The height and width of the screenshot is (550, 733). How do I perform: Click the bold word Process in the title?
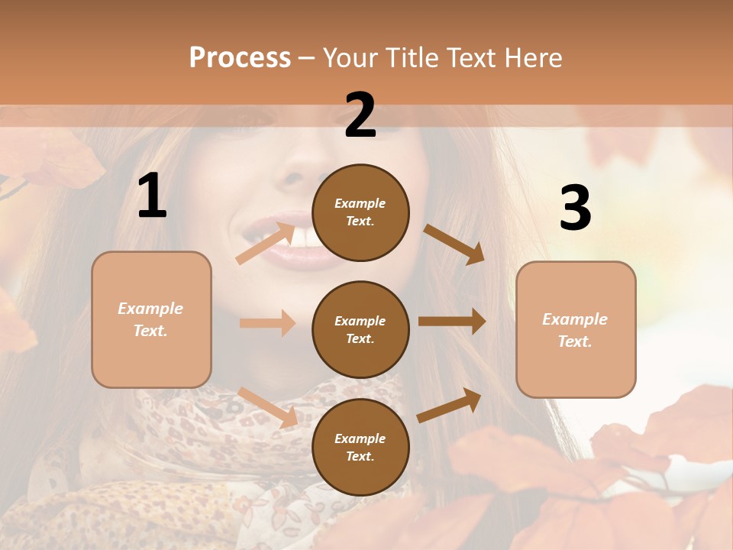[240, 57]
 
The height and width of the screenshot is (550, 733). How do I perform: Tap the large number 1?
[152, 196]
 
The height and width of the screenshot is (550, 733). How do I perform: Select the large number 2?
[360, 115]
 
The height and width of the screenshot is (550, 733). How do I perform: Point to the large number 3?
[575, 209]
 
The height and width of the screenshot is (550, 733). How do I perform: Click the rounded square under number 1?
[151, 319]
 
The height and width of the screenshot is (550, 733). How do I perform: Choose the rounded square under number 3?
[576, 330]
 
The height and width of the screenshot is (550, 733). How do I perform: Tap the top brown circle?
[360, 212]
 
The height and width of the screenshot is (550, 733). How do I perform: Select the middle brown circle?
[360, 330]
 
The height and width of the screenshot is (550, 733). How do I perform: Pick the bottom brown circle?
[360, 448]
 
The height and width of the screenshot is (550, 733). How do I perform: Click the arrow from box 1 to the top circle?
[266, 242]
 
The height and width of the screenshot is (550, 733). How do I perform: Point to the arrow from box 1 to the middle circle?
[267, 323]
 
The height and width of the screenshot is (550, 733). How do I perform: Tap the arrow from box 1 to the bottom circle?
[267, 407]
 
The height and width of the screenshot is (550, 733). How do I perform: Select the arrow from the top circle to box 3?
[454, 244]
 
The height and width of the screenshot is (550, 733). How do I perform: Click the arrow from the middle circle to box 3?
[452, 322]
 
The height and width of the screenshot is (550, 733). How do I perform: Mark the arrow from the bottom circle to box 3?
[450, 405]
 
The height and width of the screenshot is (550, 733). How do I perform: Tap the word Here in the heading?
[534, 57]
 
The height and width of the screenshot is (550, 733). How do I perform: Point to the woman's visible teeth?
[305, 238]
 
